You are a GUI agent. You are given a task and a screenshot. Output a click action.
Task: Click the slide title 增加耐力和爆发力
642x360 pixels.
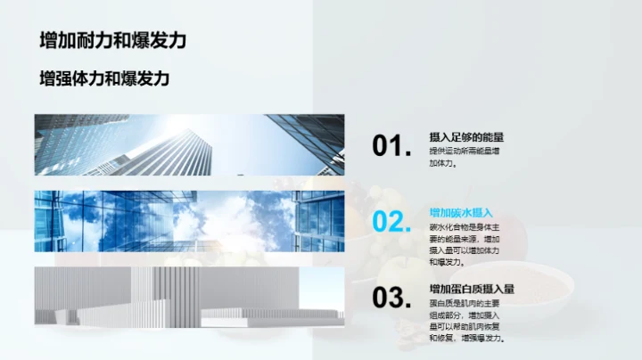(113, 40)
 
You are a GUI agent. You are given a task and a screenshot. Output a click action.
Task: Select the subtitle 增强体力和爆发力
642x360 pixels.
(104, 78)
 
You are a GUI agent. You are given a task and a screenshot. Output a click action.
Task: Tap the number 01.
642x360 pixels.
(391, 146)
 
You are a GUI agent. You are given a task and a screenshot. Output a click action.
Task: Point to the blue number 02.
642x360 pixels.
(391, 222)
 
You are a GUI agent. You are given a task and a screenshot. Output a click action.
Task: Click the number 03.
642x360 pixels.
(391, 298)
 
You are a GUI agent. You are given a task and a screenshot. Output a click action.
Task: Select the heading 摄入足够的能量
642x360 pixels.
(466, 137)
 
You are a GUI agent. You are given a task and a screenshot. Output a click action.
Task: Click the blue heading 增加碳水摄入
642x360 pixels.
(461, 213)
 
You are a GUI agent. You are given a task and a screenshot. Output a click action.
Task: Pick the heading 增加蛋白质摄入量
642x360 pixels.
(472, 289)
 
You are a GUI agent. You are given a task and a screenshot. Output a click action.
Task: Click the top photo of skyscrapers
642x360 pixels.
(189, 145)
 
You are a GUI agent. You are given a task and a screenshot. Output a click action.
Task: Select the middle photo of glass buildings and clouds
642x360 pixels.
(189, 222)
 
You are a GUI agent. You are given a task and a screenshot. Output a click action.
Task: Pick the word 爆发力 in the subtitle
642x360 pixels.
(145, 78)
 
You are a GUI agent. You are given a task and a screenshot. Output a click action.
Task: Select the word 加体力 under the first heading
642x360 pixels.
(441, 163)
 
